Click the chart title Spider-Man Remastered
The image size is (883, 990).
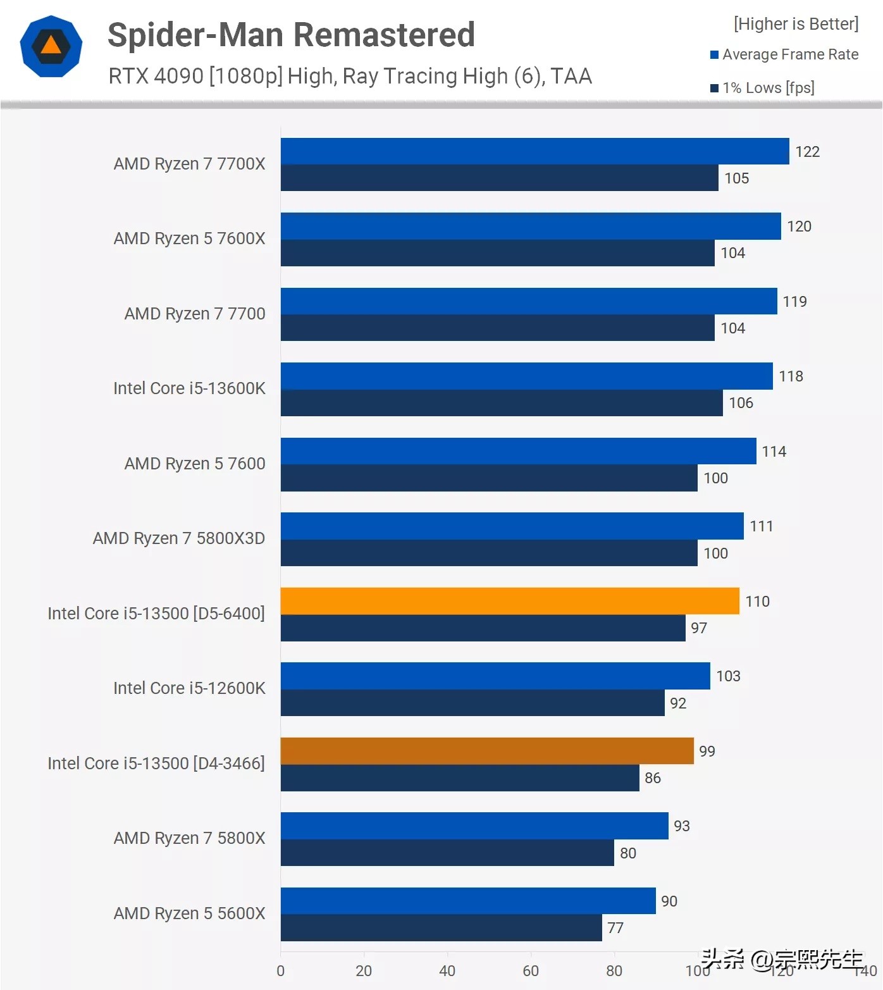coord(291,35)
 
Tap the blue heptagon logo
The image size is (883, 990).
coord(51,46)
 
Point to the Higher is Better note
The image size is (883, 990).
coord(796,24)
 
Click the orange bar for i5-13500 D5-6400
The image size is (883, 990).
coord(510,601)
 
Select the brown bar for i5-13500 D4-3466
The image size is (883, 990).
coord(487,751)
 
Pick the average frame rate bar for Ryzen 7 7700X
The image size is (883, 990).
coord(534,151)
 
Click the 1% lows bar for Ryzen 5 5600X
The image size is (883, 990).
coord(441,927)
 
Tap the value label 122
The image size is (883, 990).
coord(807,152)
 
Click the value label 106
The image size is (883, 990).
coord(741,403)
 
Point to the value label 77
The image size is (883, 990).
coord(615,928)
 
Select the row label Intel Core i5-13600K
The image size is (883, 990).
coord(189,388)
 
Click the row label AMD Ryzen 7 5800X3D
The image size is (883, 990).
coord(179,538)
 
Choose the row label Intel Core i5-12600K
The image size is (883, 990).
coord(189,688)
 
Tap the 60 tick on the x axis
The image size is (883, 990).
coord(531,971)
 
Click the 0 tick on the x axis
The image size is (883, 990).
coord(280,971)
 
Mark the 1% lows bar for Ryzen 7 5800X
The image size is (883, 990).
coord(447,853)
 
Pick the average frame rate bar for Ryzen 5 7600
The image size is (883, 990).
coord(518,451)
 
